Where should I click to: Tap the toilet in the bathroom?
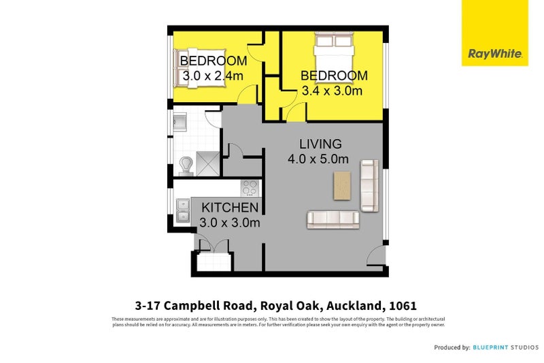coord(185,163)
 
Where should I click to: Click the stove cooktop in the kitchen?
coord(249,187)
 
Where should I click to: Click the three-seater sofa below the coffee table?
coord(333,219)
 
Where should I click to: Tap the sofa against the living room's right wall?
coord(369,185)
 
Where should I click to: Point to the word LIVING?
coord(320,144)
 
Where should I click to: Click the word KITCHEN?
coord(229,208)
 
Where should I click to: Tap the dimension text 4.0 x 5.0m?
coord(318,159)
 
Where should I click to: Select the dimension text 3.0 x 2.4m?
coord(211,76)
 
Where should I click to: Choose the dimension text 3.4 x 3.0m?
coord(332,91)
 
